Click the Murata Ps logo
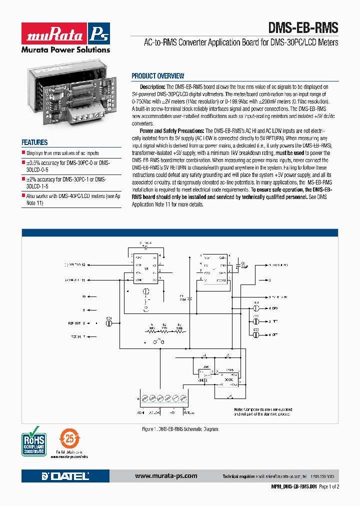tap(65, 34)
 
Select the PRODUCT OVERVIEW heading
tap(157, 76)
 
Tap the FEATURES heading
tap(35, 142)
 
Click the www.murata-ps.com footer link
tap(166, 476)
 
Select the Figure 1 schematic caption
tap(180, 429)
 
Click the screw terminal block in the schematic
tap(163, 398)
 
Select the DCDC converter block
tap(228, 379)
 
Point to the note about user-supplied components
tap(262, 411)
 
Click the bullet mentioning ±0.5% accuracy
tap(68, 165)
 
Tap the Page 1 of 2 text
tap(328, 486)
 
